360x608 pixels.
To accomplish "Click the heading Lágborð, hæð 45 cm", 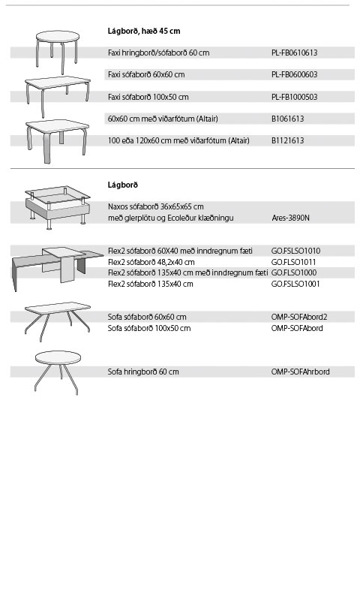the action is [144, 31].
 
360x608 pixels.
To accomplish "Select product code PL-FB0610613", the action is [294, 53].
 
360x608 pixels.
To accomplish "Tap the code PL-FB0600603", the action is [294, 74].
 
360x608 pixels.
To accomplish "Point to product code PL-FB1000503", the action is [294, 97].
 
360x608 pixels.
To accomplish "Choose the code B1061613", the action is [287, 119].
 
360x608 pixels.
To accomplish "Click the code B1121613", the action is [287, 140].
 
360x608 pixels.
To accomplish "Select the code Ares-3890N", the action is [291, 218].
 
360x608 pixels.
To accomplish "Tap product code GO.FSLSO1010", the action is [295, 251].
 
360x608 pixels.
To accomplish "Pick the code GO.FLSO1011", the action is [294, 262].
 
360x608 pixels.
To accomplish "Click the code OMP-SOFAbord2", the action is [299, 318].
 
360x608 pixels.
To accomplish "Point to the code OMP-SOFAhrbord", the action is [300, 372].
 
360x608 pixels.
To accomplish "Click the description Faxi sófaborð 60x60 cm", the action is [146, 74].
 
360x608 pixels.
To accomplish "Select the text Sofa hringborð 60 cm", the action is [143, 372].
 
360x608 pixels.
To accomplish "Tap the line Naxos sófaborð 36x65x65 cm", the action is [155, 206].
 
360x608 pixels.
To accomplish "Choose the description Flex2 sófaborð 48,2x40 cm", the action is [151, 262].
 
